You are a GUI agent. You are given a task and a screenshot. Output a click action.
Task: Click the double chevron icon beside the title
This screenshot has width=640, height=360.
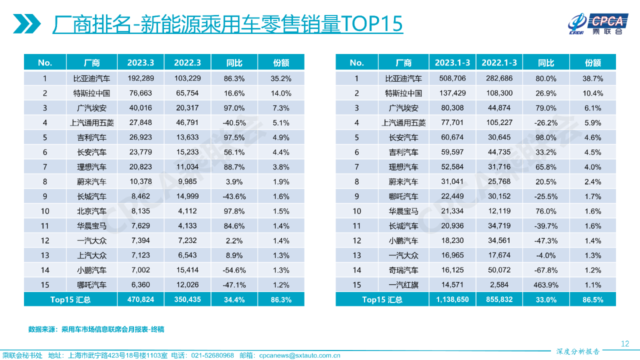tap(27, 24)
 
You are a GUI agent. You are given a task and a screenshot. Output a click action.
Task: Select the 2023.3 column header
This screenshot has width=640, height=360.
tap(140, 62)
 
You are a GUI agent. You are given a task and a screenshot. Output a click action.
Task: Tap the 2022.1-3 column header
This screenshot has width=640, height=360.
tap(499, 62)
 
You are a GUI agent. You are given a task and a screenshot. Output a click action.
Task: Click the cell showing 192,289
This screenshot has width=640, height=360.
tap(140, 78)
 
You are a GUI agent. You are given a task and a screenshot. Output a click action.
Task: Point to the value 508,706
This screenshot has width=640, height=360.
tap(452, 78)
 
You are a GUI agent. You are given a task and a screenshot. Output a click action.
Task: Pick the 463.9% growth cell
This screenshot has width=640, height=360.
tap(546, 285)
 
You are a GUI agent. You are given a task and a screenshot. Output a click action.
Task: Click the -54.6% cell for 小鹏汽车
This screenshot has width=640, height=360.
tap(234, 270)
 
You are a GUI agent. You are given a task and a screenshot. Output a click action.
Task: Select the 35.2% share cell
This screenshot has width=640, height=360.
tap(281, 78)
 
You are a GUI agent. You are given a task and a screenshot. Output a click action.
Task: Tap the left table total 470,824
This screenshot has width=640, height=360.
tap(140, 300)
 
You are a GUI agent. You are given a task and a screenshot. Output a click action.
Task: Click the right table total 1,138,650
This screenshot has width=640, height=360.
tap(452, 300)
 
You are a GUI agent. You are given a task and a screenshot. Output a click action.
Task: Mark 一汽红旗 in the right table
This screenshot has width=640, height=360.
tap(403, 285)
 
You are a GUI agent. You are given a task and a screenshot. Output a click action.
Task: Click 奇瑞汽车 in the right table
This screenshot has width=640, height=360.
tap(403, 270)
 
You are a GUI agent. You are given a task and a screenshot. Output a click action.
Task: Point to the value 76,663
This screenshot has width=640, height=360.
tap(140, 93)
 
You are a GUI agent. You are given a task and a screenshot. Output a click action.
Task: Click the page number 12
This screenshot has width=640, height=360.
tap(624, 343)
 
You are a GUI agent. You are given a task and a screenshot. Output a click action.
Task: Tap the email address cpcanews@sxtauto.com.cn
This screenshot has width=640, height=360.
tap(299, 355)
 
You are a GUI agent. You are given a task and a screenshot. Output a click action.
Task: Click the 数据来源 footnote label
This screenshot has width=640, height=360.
tap(42, 329)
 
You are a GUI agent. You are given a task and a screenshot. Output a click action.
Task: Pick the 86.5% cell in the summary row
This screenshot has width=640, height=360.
tap(592, 300)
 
